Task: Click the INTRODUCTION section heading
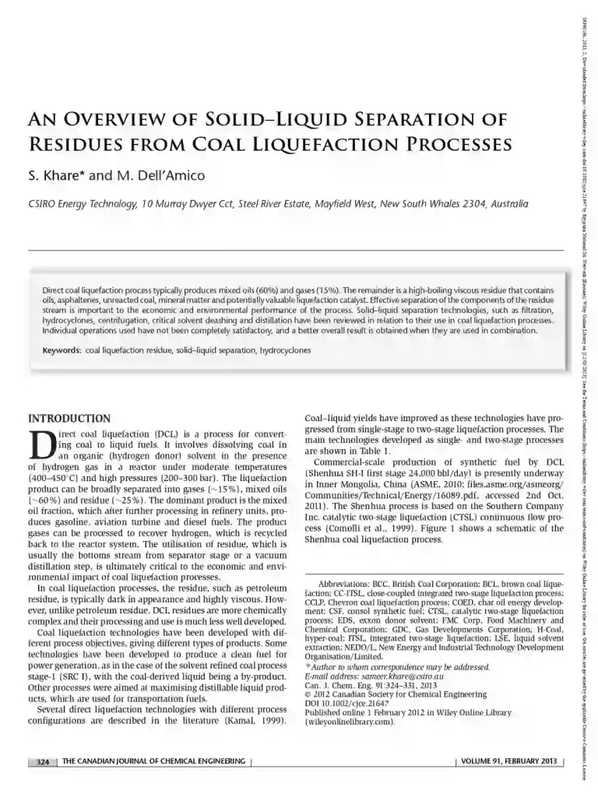69,418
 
